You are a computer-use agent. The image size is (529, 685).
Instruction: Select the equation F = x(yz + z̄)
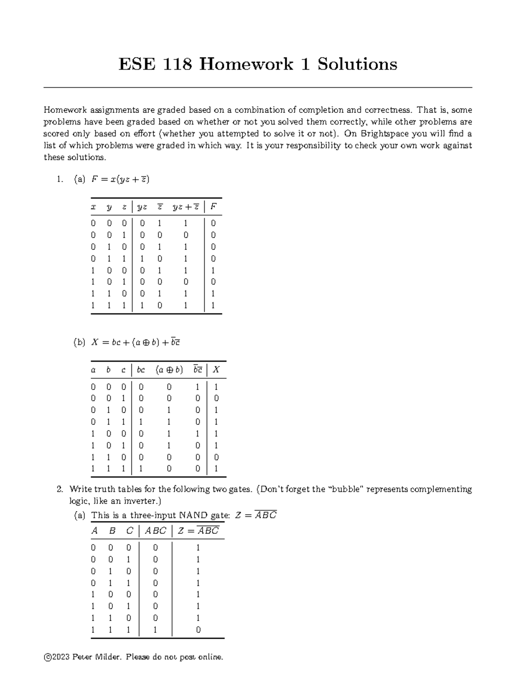(120, 180)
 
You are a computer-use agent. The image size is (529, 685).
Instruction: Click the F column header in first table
(213, 207)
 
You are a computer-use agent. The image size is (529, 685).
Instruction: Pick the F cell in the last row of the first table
(213, 305)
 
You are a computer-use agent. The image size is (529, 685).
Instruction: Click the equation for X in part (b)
(135, 342)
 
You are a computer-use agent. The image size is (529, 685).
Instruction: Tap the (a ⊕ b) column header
(169, 370)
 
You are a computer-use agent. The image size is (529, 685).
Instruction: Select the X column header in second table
(216, 370)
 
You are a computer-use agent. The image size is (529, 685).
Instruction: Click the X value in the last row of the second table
(216, 469)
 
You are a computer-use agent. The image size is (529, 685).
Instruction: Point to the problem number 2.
(60, 489)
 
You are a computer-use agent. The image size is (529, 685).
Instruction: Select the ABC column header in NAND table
(155, 531)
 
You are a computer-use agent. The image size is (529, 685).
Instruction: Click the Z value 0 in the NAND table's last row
(198, 630)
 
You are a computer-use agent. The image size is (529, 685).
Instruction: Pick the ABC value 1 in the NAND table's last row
(155, 630)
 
